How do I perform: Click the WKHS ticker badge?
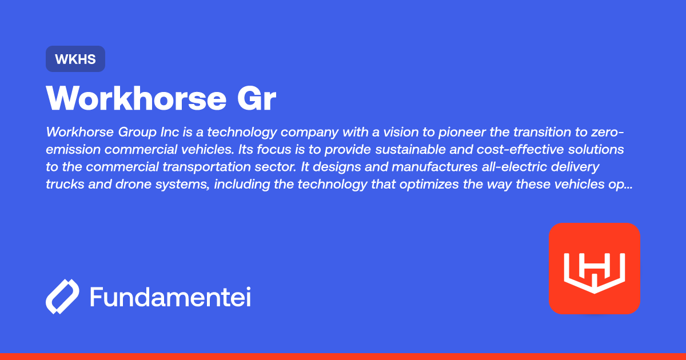coord(75,59)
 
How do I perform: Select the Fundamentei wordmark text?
coord(170,297)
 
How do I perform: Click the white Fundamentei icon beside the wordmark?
coord(62,297)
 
